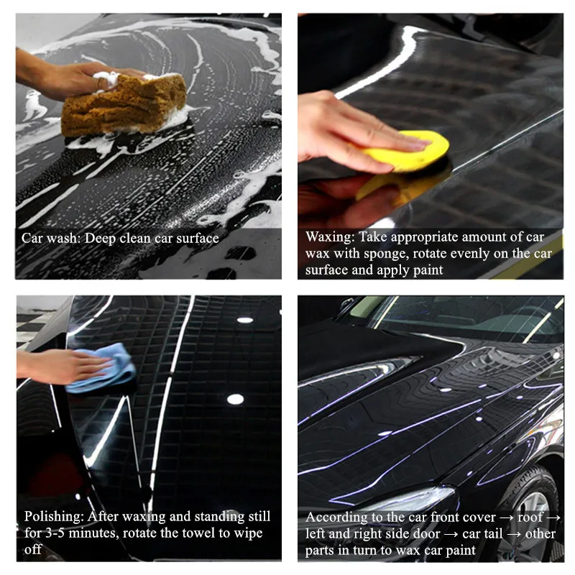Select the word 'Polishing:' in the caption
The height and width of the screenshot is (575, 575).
54,517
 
